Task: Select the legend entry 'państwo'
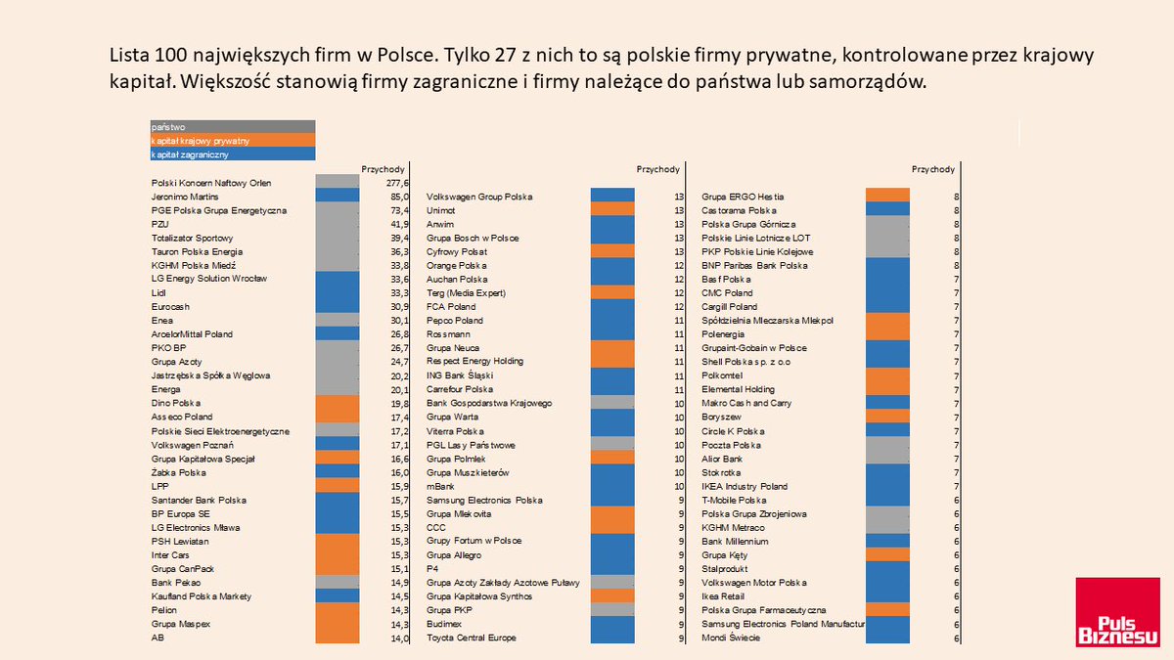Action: pyautogui.click(x=233, y=126)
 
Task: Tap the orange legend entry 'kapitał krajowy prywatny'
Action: pyautogui.click(x=233, y=141)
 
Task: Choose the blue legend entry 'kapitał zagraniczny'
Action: pyautogui.click(x=233, y=154)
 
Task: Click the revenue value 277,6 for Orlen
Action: pyautogui.click(x=398, y=183)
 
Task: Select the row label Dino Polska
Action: pyautogui.click(x=176, y=403)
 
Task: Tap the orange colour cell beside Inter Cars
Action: pyautogui.click(x=338, y=554)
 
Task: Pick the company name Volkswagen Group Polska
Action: pyautogui.click(x=479, y=197)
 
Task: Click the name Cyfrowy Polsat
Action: pyautogui.click(x=458, y=251)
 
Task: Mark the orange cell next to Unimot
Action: pyautogui.click(x=612, y=210)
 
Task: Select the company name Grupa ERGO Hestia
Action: pyautogui.click(x=743, y=197)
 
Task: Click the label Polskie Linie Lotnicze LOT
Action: pyautogui.click(x=756, y=238)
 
